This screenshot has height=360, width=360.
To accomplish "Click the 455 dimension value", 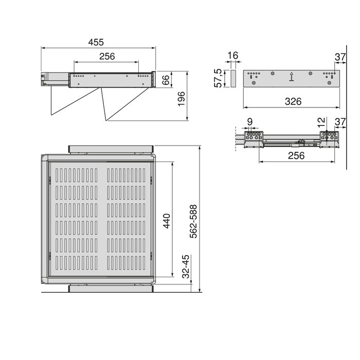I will tap(97, 42).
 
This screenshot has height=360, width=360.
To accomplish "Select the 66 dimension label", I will tap(165, 80).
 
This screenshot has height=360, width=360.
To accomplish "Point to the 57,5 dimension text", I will tap(218, 78).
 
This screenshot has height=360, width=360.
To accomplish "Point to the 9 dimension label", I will tap(250, 122).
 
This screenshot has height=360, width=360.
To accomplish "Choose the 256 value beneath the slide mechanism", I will tap(296, 155).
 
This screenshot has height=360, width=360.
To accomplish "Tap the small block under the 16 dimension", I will tap(231, 79).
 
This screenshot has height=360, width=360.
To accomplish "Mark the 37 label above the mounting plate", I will tap(339, 56).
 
